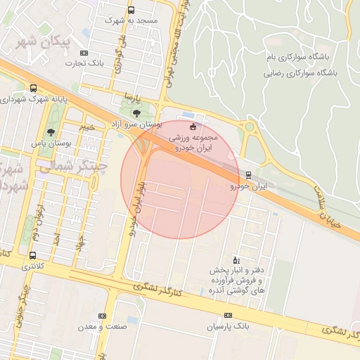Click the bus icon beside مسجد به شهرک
point(131,10)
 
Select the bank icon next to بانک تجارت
point(84,53)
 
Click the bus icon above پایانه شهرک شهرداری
point(33,89)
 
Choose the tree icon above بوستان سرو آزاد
point(136,112)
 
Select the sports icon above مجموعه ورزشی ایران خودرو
point(193,127)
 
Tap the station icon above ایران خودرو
point(248,174)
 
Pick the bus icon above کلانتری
point(33,256)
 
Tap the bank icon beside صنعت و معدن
point(101,316)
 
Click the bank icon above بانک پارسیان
point(228,316)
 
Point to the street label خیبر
point(86,127)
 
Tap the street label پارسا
point(128,95)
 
